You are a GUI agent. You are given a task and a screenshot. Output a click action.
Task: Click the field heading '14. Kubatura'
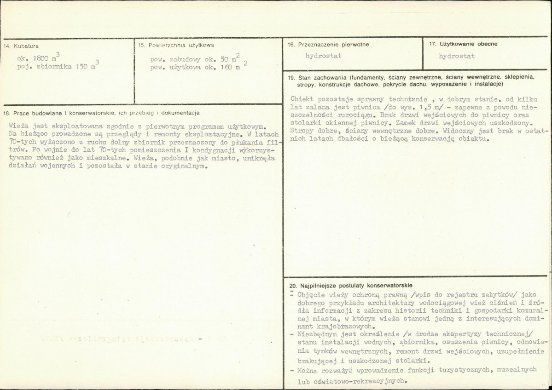pos(21,46)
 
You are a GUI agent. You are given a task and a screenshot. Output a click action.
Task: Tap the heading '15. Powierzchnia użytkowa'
pos(176,45)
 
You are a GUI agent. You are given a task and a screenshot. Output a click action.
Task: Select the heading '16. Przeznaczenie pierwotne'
pos(328,45)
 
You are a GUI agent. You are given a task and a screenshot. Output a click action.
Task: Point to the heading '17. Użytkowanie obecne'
pos(463,44)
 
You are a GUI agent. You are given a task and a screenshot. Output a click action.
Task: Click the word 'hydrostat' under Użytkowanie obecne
pos(457,56)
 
